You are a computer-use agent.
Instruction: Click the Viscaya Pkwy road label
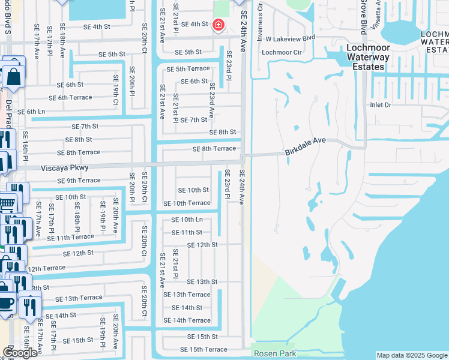(65, 168)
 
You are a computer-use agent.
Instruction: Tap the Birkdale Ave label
(305, 146)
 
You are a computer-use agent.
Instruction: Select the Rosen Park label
(275, 353)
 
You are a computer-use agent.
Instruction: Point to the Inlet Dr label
(381, 105)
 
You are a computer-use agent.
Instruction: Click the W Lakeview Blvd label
(291, 38)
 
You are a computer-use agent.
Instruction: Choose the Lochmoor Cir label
(281, 52)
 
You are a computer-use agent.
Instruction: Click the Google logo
(20, 353)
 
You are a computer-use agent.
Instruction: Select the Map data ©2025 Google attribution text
(411, 355)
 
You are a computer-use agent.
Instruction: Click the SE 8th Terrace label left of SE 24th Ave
(214, 149)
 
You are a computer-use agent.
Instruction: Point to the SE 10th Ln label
(187, 220)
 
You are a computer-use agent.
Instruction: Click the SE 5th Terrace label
(188, 69)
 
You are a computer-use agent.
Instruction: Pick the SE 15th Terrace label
(203, 349)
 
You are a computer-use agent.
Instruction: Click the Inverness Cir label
(260, 15)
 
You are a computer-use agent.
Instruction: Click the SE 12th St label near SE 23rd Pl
(202, 245)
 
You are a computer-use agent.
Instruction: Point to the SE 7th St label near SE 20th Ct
(85, 127)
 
